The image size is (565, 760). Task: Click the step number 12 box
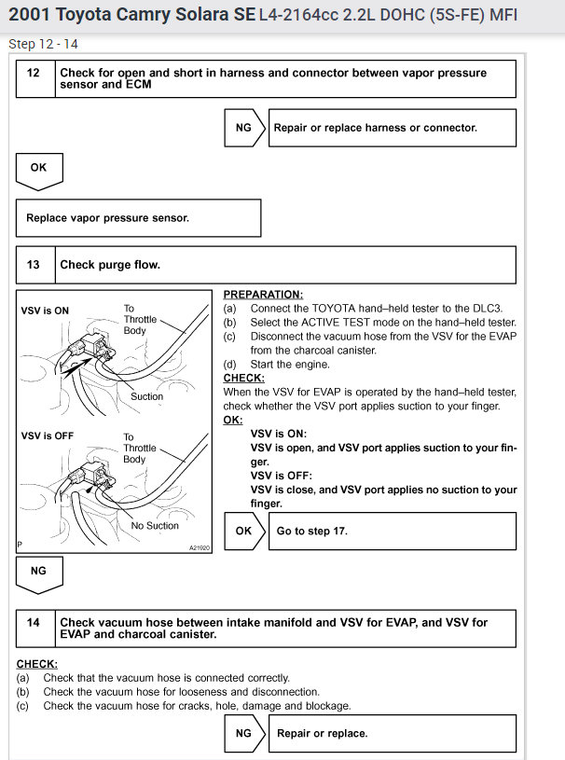pos(34,73)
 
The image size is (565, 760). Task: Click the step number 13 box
pos(34,265)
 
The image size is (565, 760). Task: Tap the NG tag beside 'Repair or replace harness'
pos(243,128)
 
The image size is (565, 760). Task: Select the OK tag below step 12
pos(39,169)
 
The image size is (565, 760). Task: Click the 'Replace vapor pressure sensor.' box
pos(138,218)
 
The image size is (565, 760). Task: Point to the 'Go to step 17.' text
pos(312,531)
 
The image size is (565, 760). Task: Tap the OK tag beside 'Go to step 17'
pos(243,531)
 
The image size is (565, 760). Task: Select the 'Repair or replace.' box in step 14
pos(323,733)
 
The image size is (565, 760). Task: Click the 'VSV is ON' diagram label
pos(45,311)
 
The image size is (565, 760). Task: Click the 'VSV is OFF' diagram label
pos(47,436)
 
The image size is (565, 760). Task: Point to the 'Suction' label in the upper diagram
pos(146,396)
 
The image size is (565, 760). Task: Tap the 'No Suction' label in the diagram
pos(155,526)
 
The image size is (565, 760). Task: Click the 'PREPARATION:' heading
pos(263,294)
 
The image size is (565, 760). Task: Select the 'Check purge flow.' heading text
pos(110,265)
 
